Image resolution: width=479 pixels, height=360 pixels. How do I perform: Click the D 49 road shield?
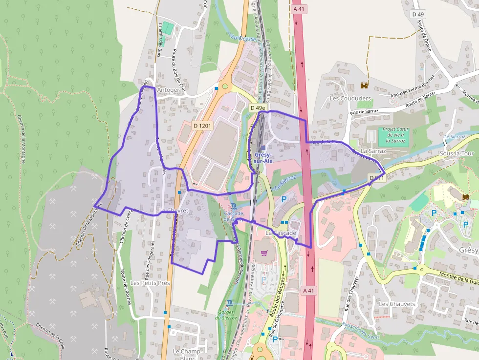pos(418,14)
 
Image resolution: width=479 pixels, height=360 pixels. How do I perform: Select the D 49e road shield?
pos(258,108)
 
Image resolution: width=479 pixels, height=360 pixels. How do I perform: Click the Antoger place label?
pos(169,90)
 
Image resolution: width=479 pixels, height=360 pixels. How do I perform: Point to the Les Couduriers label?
pos(350,98)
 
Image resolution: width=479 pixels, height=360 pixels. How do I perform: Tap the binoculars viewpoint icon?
pos(364,85)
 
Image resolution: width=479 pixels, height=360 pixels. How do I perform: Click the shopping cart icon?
pos(264,253)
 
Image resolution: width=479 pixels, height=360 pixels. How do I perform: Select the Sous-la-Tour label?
pos(457,153)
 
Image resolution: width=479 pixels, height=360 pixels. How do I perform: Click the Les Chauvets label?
pos(397,304)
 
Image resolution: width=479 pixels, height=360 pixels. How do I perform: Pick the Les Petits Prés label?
pos(150,283)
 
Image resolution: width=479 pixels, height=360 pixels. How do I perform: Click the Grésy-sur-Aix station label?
pos(263,157)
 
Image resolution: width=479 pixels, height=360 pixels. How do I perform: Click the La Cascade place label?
pos(281,233)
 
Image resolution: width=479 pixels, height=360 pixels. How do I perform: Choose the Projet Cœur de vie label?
pos(395,133)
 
